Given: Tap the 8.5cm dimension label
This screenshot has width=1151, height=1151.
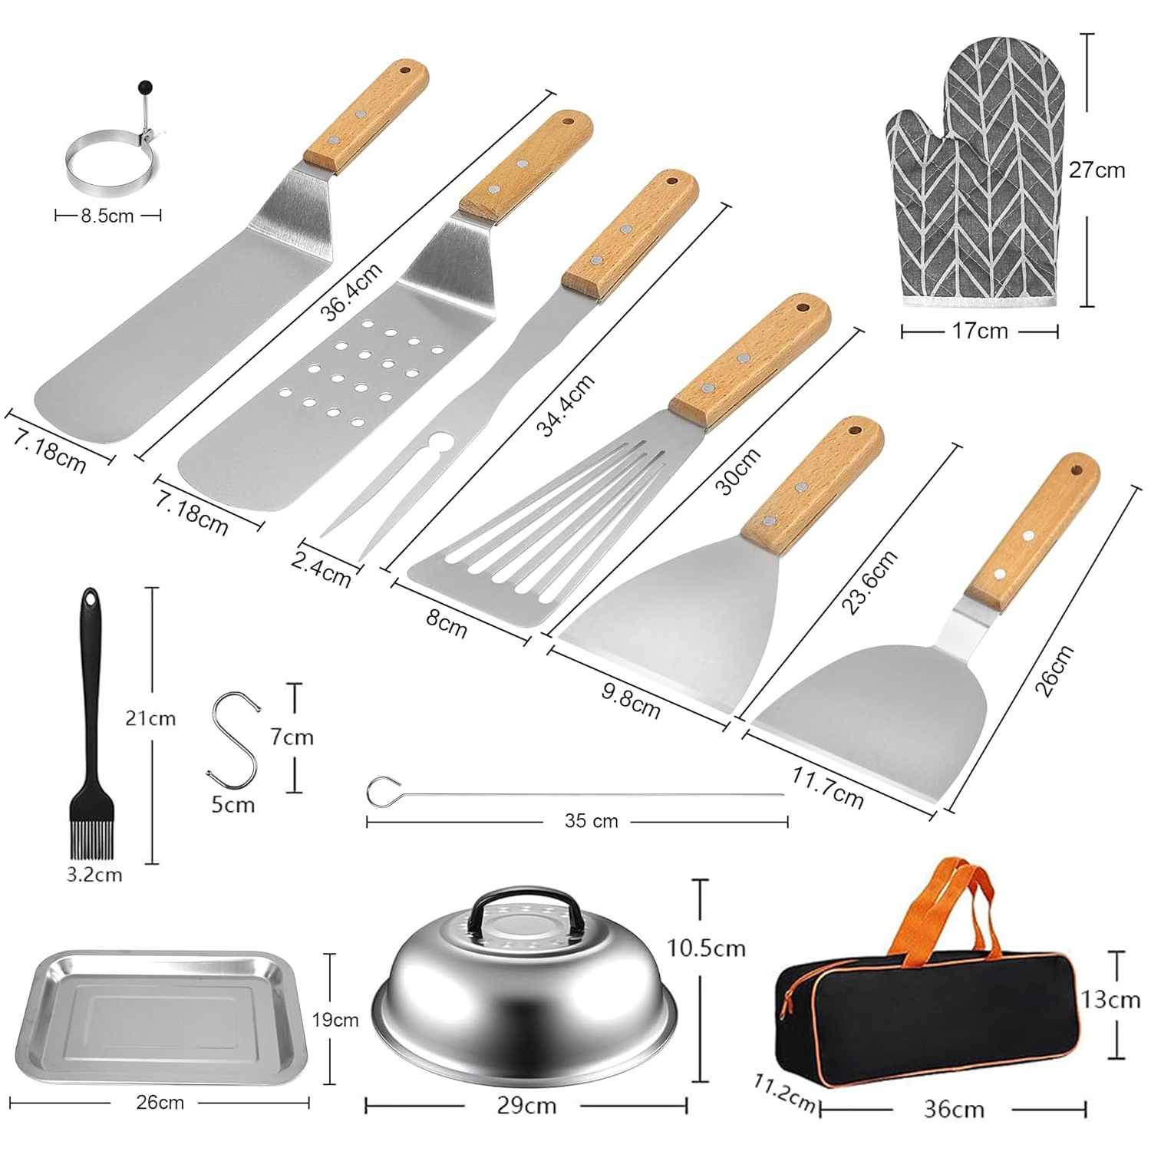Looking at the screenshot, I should point(107,216).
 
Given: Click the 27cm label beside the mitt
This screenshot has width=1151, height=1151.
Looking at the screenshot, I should point(1097,170).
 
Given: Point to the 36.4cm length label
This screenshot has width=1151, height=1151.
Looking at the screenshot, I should point(351,292).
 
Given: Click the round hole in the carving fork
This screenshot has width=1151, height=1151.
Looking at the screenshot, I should point(440,443).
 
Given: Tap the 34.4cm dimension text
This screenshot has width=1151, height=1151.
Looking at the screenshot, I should point(565,404).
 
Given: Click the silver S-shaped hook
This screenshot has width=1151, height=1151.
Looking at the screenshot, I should point(233,740).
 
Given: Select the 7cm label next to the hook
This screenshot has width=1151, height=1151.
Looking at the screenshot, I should point(292,737).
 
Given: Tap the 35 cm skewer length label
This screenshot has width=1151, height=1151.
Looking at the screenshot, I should point(591,821).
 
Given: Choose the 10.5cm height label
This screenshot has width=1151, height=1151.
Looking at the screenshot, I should point(706,948).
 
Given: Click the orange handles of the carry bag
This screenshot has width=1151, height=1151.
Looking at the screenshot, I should point(948,905).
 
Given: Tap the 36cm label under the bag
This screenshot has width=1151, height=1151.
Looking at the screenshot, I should point(954,1109).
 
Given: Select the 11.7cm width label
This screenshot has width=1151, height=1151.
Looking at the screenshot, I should point(827,787).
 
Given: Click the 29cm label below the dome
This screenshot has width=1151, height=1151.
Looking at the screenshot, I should point(526,1106).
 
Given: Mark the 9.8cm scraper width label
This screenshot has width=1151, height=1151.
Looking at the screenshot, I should point(630,700).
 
